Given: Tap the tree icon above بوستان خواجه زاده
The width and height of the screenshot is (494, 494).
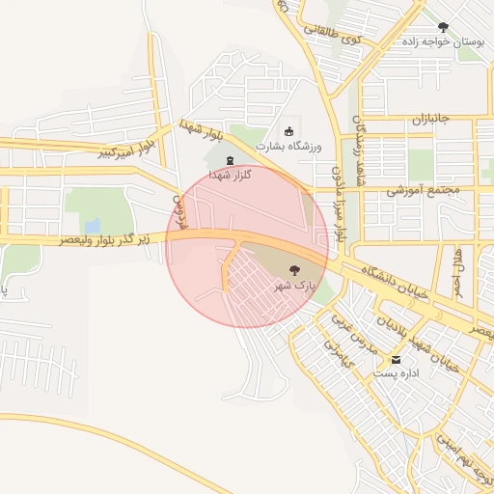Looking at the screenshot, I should point(443,26).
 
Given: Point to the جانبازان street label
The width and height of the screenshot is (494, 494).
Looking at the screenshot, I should point(414,121).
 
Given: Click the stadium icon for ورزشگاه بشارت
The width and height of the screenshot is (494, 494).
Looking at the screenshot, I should point(288,131).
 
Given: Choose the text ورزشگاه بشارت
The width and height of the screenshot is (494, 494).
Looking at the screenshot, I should point(288,146).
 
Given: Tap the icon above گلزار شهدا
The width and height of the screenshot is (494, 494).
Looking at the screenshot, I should point(230,160).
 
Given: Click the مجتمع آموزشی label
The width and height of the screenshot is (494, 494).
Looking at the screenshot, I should point(420,190).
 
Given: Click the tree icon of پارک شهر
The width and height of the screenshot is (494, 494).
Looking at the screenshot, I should point(294,271).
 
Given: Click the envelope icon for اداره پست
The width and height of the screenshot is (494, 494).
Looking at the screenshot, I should point(396,359).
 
